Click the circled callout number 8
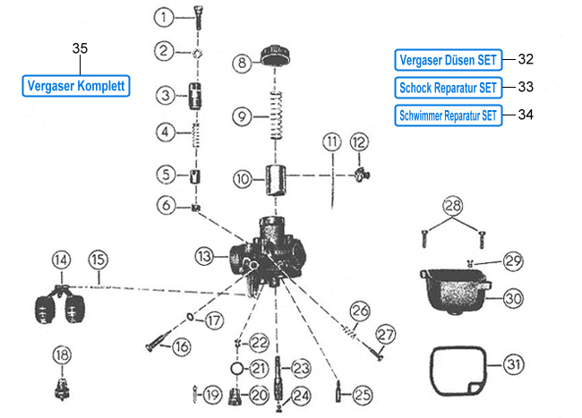coord(242,64)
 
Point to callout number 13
coord(205,256)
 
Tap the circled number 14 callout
coord(60,260)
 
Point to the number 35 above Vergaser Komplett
coord(79,48)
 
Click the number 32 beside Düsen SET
coord(526,59)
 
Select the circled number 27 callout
coord(385,334)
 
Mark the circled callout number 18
coord(61,355)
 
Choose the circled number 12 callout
coord(358,141)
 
